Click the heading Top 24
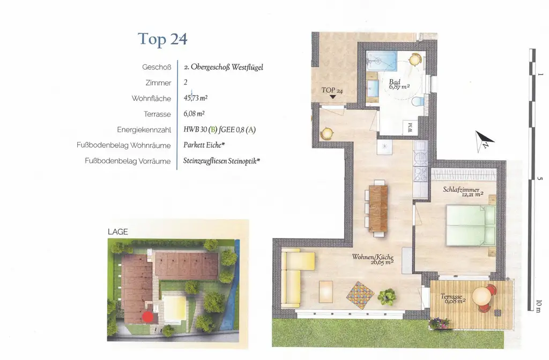pyautogui.click(x=162, y=39)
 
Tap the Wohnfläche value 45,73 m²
pyautogui.click(x=195, y=99)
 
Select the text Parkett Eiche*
pyautogui.click(x=203, y=145)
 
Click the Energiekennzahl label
pyautogui.click(x=144, y=130)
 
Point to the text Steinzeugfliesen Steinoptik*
pyautogui.click(x=221, y=161)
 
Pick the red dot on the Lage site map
pyautogui.click(x=147, y=316)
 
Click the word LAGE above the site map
pyautogui.click(x=118, y=232)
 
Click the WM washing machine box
pyautogui.click(x=410, y=128)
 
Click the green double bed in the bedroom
pyautogui.click(x=471, y=226)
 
